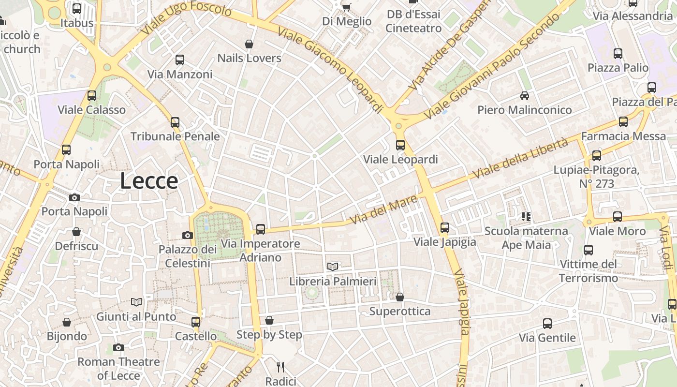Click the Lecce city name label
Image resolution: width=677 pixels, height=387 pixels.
point(149,181)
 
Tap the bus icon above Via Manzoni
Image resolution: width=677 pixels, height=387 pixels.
point(180,60)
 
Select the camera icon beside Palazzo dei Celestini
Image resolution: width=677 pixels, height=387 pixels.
point(188,236)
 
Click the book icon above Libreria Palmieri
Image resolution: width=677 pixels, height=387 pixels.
point(333,267)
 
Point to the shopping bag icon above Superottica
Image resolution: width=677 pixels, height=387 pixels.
point(399,297)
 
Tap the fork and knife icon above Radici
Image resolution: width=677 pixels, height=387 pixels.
point(280,367)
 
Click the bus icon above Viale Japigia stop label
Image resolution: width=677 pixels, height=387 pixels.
point(445,227)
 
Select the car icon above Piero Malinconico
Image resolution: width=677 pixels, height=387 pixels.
point(525,96)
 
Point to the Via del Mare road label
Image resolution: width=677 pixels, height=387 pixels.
point(383,209)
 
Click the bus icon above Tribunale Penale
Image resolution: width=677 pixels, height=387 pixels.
point(175,122)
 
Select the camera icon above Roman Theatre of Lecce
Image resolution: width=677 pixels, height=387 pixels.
point(118,347)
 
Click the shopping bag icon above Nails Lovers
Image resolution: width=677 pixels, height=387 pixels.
point(249,45)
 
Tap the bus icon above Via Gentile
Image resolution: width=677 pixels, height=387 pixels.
point(547,324)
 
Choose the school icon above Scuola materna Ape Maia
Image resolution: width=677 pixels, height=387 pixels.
point(526,217)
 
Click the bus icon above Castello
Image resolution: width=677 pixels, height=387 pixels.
point(196,322)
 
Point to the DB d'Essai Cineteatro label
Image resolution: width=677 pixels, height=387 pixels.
point(413,21)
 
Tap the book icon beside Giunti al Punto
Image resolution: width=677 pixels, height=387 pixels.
point(137,302)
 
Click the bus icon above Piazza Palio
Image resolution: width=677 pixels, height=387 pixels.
point(618,53)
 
